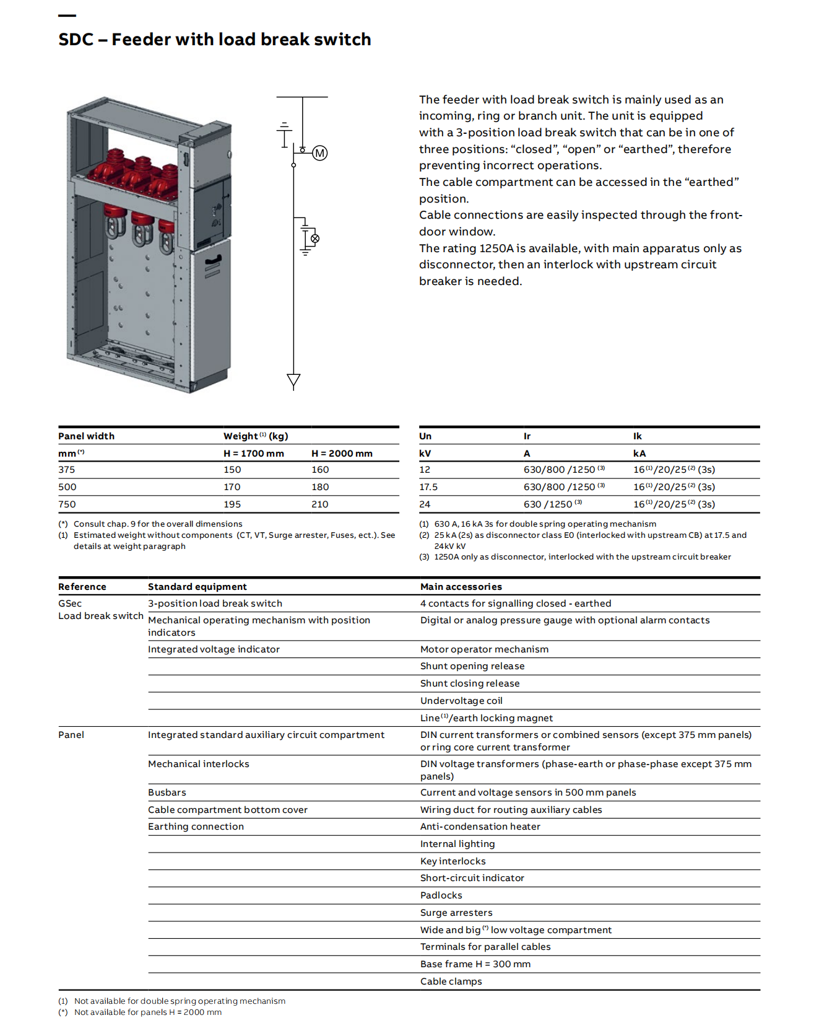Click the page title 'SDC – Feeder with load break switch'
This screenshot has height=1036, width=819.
[214, 40]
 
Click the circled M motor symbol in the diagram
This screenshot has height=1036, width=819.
[319, 153]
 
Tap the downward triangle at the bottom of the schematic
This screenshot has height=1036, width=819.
[293, 380]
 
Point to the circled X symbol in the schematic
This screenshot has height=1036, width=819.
[315, 239]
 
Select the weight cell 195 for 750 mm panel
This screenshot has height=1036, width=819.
[232, 504]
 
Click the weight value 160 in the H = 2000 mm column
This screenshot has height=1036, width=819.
[320, 470]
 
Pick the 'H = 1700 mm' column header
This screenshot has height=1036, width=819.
[254, 454]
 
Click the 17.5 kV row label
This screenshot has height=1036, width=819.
[428, 487]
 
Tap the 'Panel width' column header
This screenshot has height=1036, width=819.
[86, 436]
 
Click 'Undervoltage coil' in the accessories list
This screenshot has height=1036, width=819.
[461, 701]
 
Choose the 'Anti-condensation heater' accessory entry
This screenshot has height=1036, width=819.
[480, 827]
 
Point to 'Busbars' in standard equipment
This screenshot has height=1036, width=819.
[167, 792]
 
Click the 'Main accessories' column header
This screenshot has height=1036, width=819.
[461, 587]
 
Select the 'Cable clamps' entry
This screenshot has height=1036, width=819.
[451, 981]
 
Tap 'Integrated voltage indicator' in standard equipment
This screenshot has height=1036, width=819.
[214, 649]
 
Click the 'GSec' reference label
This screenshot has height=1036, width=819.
[70, 604]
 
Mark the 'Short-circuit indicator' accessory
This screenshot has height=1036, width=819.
[472, 878]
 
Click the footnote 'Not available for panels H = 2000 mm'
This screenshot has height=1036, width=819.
[148, 1012]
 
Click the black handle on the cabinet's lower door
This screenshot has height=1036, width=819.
[212, 259]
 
